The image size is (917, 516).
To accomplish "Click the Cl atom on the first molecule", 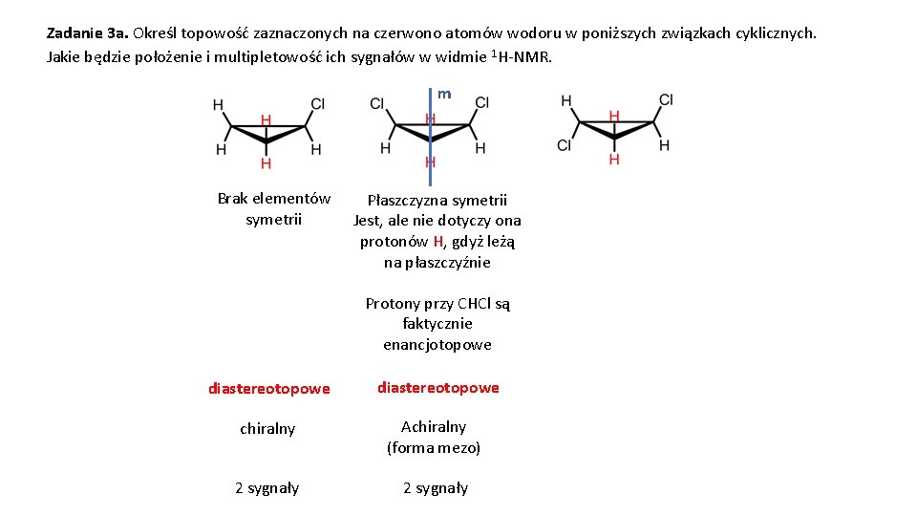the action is click(318, 104).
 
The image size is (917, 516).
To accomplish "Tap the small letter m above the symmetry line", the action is click(444, 94).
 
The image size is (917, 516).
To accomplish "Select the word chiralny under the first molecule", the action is click(267, 429).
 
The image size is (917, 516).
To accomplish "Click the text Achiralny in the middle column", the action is click(434, 427).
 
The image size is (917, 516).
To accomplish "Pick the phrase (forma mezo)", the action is click(434, 447).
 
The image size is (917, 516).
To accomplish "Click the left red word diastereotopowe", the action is click(269, 389).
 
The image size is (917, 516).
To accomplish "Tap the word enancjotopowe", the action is click(437, 345).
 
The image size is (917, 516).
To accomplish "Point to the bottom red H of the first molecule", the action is click(266, 163).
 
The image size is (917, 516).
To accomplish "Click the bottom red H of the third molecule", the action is click(614, 159).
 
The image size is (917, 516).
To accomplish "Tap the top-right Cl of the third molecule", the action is click(666, 99).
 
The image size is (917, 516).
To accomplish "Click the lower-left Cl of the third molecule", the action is click(565, 145).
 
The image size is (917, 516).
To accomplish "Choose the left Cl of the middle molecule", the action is click(377, 103).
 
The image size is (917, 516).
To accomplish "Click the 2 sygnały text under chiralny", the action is click(267, 488).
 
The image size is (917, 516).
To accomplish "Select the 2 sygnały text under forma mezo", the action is click(436, 488).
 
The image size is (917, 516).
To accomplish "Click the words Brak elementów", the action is click(274, 199).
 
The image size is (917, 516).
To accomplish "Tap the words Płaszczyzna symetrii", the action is click(437, 201).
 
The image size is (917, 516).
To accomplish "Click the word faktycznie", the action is click(437, 324).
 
